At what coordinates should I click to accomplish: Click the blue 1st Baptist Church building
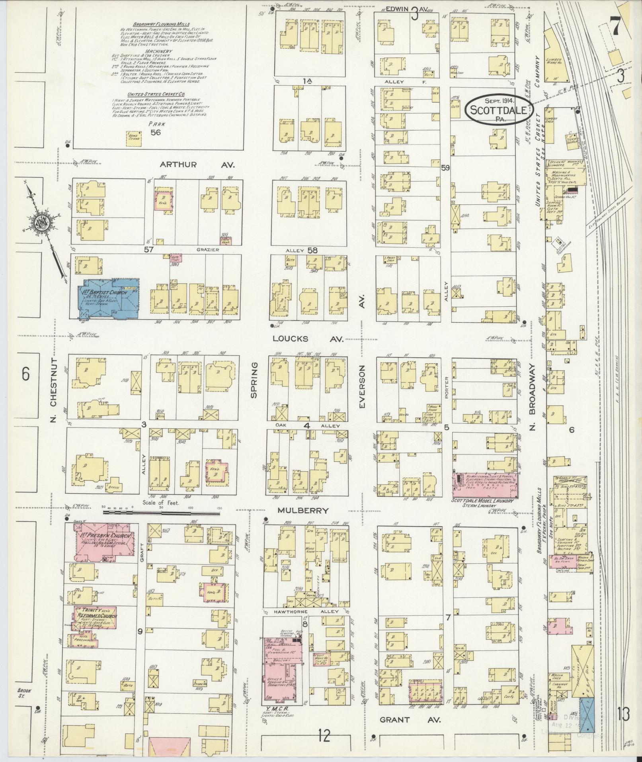point(109,298)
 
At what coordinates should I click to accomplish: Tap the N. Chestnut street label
point(55,390)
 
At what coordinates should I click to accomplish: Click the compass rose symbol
point(41,223)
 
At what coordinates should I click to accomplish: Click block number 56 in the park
point(155,132)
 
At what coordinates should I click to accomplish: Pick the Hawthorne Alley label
point(306,611)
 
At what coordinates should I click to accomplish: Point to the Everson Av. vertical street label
point(362,386)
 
